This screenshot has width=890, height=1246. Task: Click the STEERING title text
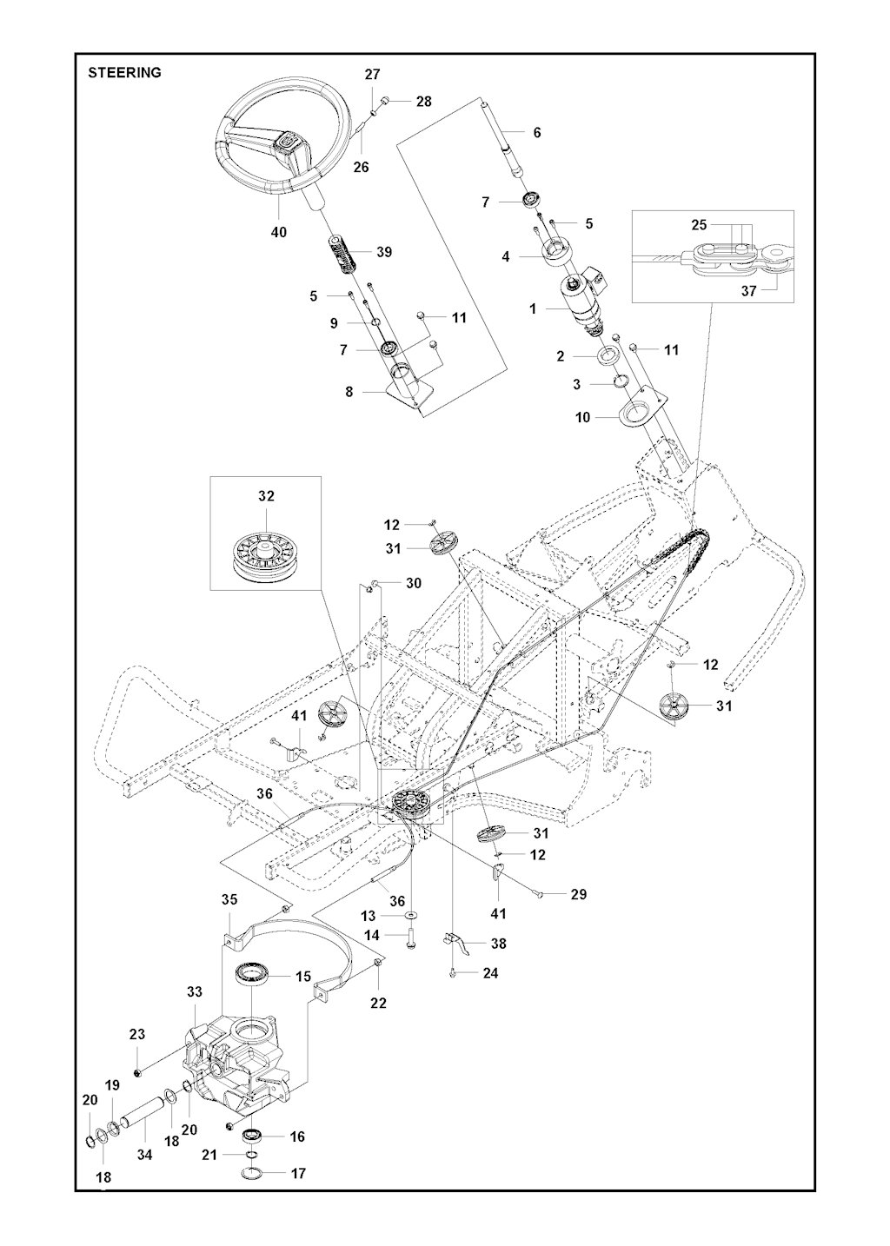124,73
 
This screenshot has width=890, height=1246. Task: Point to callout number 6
537,132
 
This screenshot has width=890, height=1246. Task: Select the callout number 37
748,291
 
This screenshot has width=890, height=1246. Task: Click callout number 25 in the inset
699,224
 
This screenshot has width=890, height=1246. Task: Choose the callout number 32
265,496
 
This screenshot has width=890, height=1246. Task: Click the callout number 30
413,583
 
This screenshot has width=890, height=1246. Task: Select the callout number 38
498,943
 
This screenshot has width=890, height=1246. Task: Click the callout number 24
490,973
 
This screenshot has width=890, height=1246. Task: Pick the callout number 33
194,991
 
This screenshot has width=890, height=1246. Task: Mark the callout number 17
298,1173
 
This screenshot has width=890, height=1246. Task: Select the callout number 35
229,898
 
